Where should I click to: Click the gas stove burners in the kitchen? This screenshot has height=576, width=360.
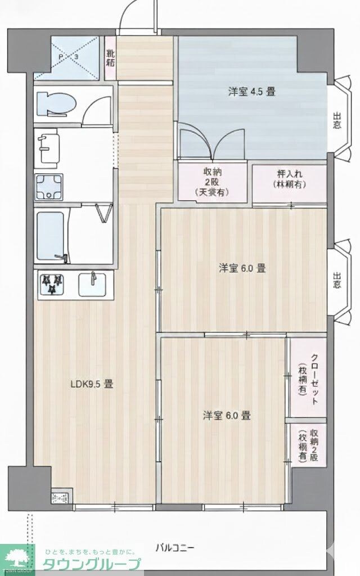(52, 283)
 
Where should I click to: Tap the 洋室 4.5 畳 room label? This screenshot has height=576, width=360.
(251, 91)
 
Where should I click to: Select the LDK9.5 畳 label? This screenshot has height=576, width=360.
(92, 385)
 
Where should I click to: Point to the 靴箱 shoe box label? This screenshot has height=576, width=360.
(111, 58)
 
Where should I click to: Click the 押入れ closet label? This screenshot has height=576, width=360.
(289, 179)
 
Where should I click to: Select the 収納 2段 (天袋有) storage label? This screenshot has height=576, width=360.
(211, 182)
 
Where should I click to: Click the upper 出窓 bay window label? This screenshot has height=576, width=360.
(336, 121)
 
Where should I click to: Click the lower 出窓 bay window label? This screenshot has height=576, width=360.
(336, 280)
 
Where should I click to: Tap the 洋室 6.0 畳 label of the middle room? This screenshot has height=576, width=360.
(242, 268)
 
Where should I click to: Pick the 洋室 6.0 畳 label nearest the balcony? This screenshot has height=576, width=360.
(227, 416)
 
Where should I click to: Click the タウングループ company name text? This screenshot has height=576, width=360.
(93, 564)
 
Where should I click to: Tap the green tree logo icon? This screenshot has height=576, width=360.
(19, 557)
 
